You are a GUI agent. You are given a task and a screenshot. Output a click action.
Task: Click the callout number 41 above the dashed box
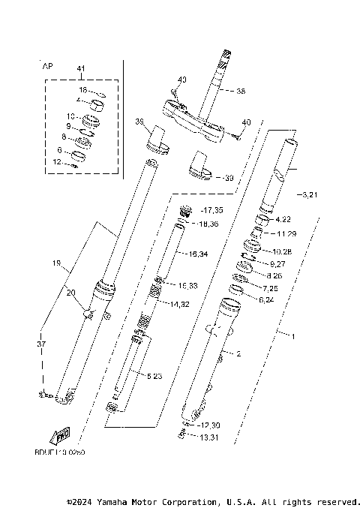coord(81,69)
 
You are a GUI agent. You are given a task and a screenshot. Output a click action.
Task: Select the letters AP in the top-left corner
coord(47,66)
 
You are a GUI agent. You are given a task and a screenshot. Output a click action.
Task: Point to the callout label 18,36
coord(210,224)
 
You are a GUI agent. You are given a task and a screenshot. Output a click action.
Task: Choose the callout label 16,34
coord(199,254)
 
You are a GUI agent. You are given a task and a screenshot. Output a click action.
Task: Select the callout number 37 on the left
coord(40,344)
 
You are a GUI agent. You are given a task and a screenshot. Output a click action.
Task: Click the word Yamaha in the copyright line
coord(115,501)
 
